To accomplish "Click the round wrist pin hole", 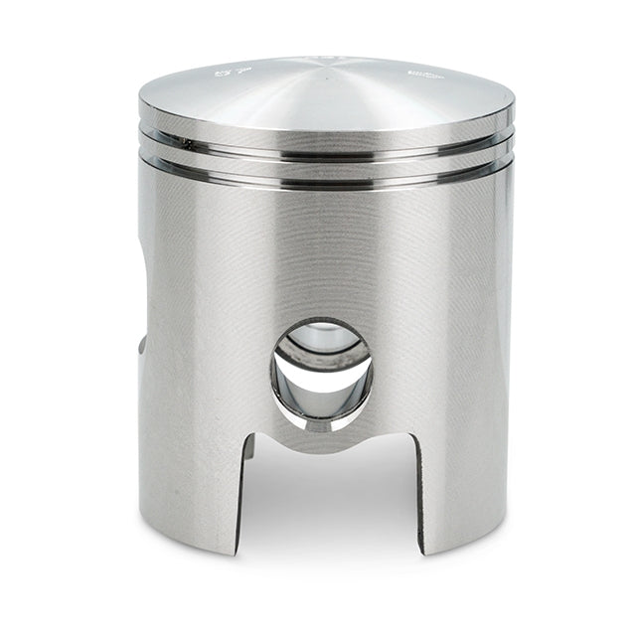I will [322, 372].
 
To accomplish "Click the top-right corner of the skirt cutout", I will [409, 437].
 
